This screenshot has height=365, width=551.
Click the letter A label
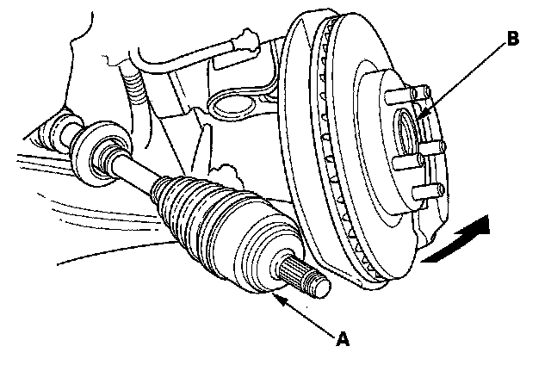click(x=344, y=339)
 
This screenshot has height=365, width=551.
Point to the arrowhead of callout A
click(x=275, y=298)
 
